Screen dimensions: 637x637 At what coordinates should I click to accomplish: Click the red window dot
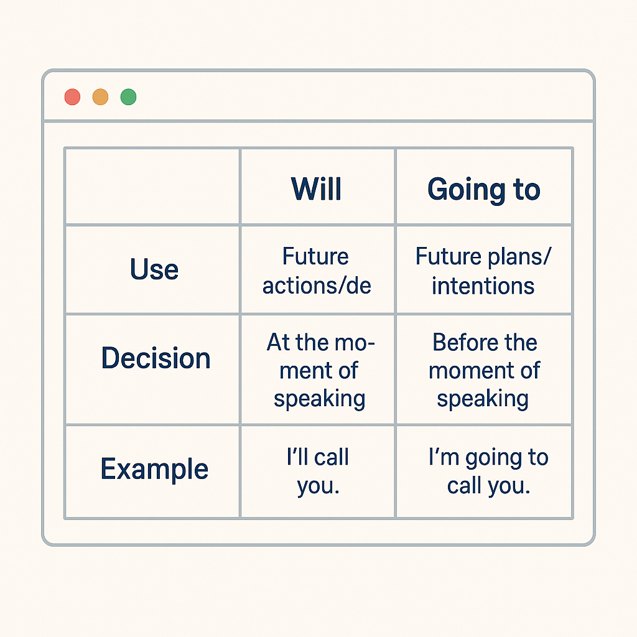(x=72, y=97)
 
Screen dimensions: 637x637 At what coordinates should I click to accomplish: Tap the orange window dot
(x=100, y=97)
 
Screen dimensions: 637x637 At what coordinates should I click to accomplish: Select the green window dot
(x=128, y=97)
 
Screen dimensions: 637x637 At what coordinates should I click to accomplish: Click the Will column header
(x=317, y=189)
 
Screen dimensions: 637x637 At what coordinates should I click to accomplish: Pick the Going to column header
(x=484, y=190)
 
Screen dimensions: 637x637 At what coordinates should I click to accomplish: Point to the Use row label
(x=154, y=269)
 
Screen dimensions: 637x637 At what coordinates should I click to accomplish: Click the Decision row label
(x=156, y=358)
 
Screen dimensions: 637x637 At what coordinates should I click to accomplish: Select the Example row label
(x=154, y=469)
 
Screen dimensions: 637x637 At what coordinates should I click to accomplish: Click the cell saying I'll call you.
(x=318, y=472)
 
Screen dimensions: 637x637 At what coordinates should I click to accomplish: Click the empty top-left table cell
(x=152, y=187)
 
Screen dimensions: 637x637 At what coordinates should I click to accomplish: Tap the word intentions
(x=483, y=286)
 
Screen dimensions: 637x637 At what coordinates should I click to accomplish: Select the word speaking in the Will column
(x=320, y=399)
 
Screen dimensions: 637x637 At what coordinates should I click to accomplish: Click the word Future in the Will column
(x=315, y=256)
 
